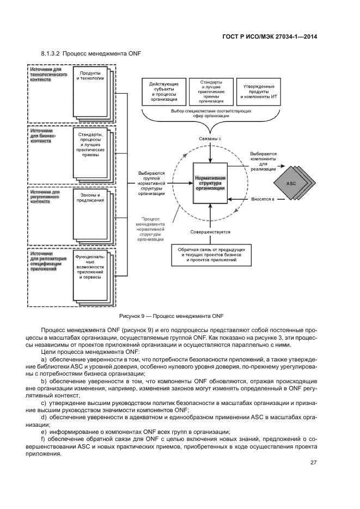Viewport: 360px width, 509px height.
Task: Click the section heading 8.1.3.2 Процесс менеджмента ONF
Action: coord(83,54)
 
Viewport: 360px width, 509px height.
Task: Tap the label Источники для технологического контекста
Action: coord(48,75)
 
